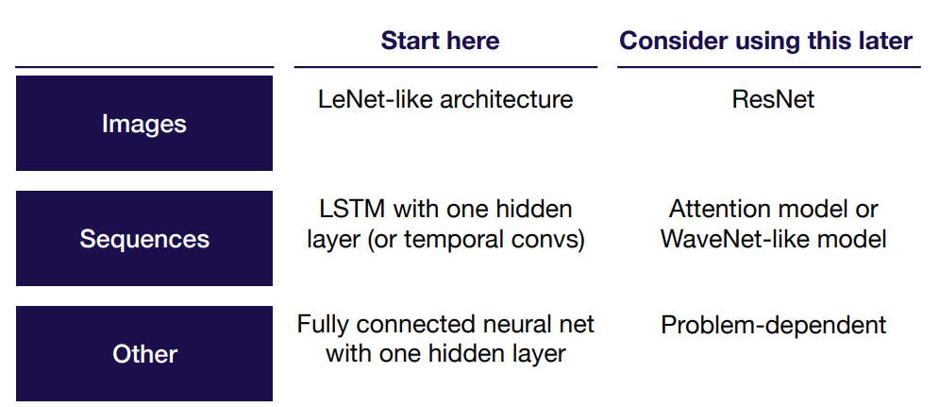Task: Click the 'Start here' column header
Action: tap(440, 41)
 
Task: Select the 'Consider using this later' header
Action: tap(766, 41)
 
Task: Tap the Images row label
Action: tap(143, 124)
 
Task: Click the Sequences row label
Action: tap(143, 239)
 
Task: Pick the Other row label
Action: tap(143, 354)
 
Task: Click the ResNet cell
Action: tap(773, 99)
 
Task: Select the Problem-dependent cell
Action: tap(773, 326)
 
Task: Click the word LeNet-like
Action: tap(376, 99)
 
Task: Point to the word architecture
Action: tap(507, 99)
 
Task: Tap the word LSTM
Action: tap(353, 210)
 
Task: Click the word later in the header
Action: tap(882, 41)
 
